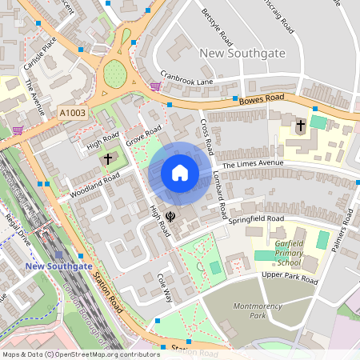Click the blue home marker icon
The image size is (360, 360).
click(x=180, y=173)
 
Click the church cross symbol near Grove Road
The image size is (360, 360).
click(x=107, y=159)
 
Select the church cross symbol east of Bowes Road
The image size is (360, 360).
click(x=301, y=126)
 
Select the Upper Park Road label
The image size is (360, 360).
click(x=290, y=278)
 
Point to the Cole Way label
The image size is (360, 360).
click(x=165, y=289)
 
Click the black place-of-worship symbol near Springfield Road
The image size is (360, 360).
click(x=171, y=215)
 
